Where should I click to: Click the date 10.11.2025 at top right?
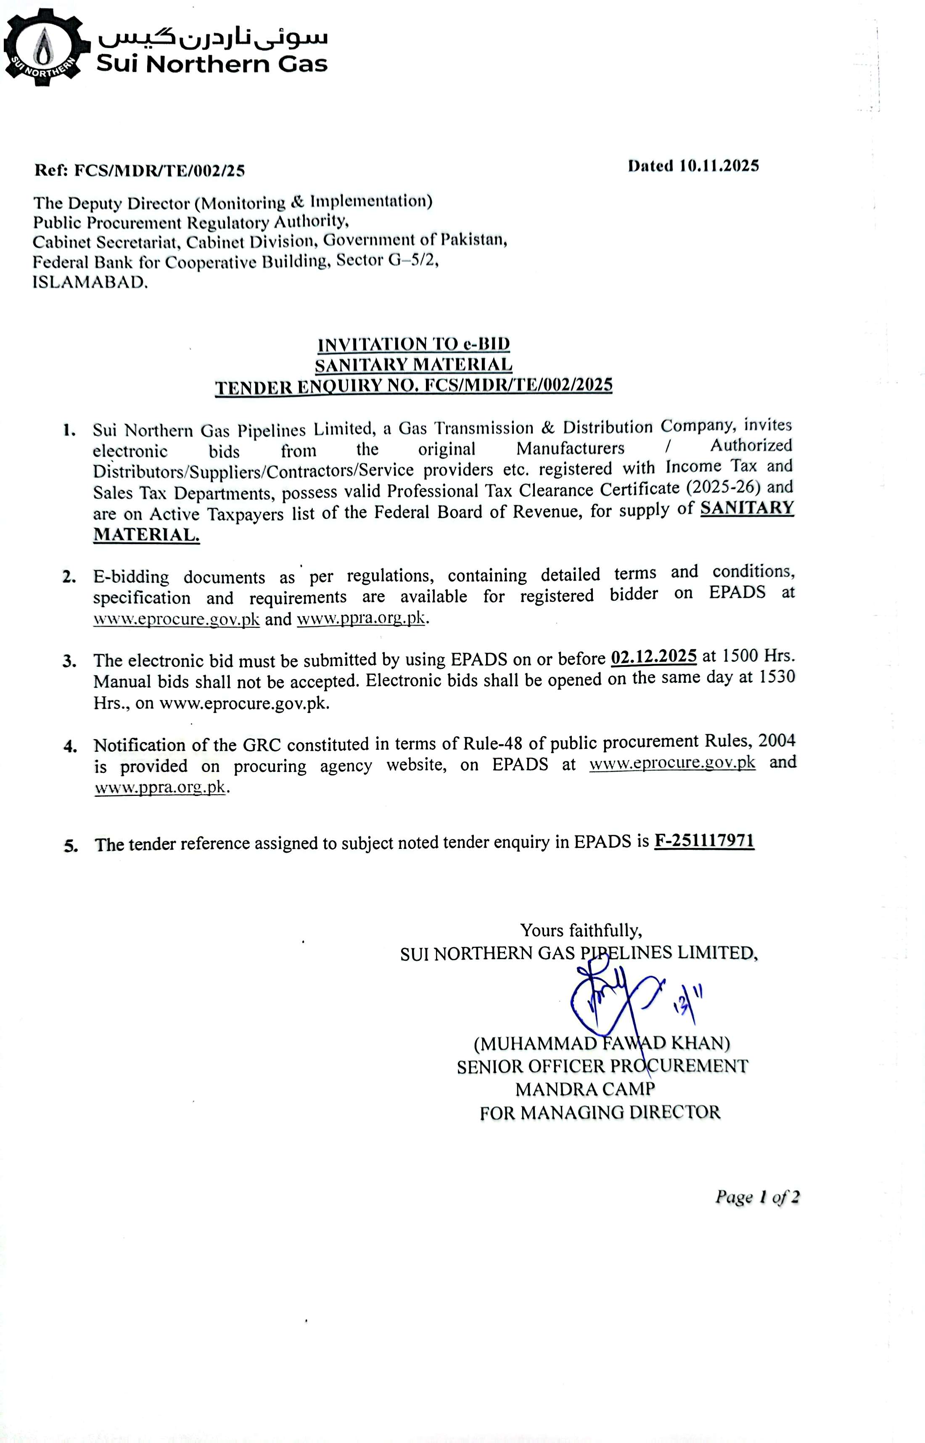coord(719,166)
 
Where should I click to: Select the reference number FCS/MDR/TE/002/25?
coord(159,171)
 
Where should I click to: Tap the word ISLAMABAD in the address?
coord(90,282)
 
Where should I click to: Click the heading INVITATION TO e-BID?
coord(414,344)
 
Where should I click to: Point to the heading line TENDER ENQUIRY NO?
coord(414,386)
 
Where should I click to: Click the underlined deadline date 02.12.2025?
coord(653,656)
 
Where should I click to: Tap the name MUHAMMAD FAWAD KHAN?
coord(602,1043)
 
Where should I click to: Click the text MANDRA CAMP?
coord(585,1089)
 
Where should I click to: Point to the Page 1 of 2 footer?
coord(757,1197)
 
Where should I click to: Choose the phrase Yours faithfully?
coord(581,930)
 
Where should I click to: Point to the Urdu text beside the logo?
coord(213,38)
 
